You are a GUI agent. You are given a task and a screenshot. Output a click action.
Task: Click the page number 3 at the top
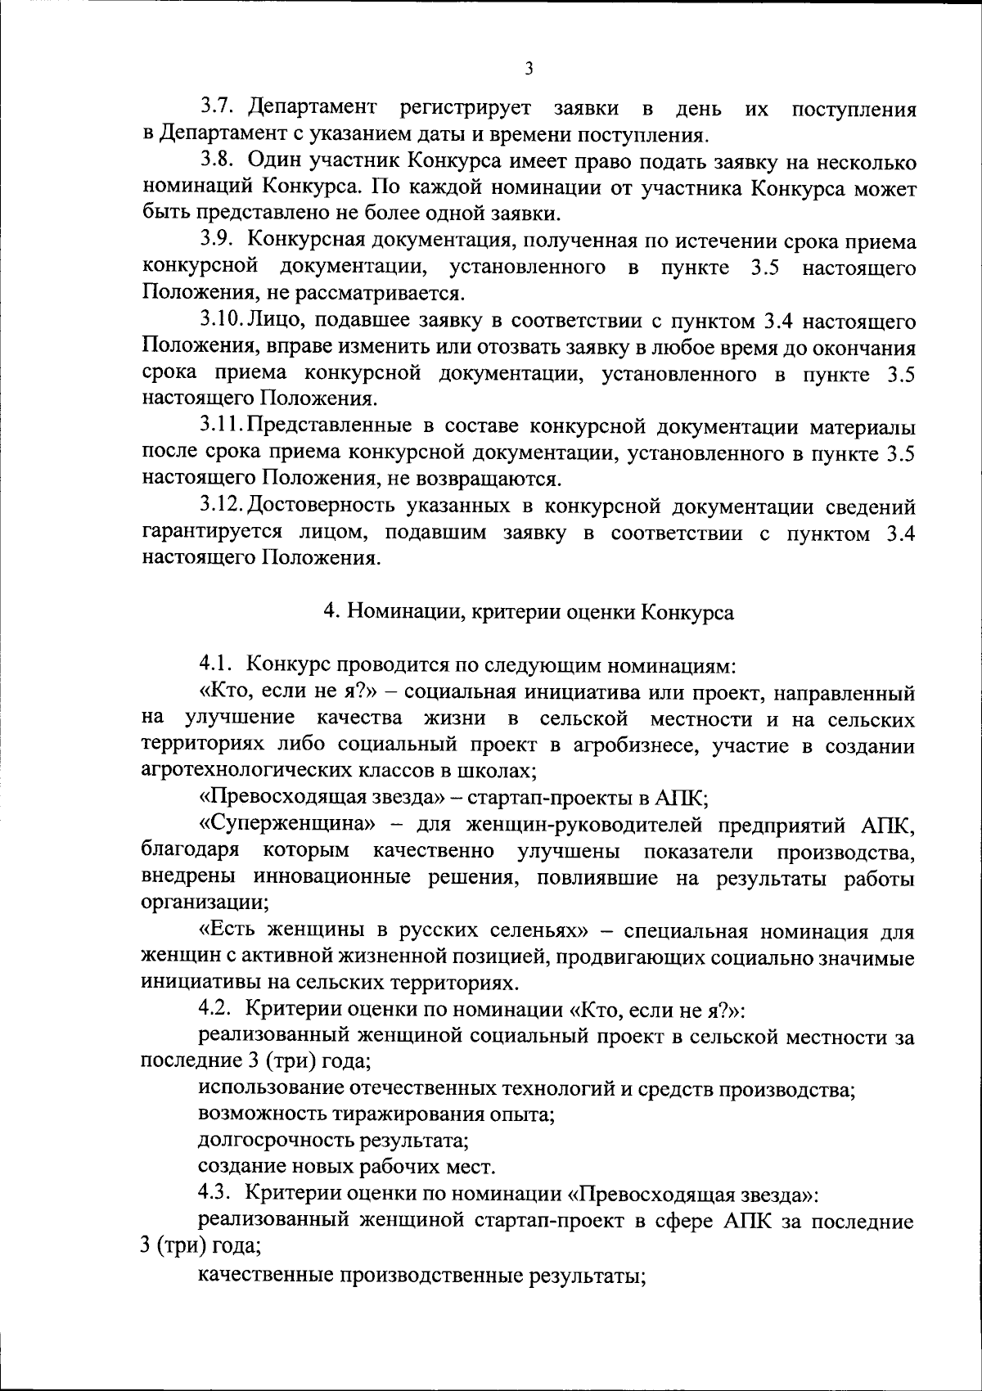pos(529,70)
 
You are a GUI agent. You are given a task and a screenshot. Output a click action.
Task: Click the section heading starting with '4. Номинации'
pos(529,612)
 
